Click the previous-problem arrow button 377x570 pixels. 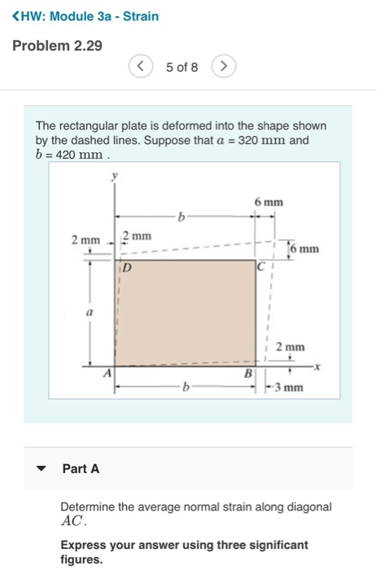(x=142, y=67)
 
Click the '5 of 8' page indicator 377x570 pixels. (x=182, y=67)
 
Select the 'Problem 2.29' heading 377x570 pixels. (x=57, y=46)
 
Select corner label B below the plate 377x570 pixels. (x=249, y=374)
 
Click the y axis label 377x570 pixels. (x=116, y=174)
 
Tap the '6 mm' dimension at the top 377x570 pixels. (x=268, y=202)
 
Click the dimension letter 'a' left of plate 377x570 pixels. (x=91, y=312)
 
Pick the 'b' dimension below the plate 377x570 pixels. (x=182, y=388)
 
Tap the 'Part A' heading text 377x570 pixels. (x=81, y=469)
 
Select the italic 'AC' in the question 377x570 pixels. (x=72, y=520)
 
